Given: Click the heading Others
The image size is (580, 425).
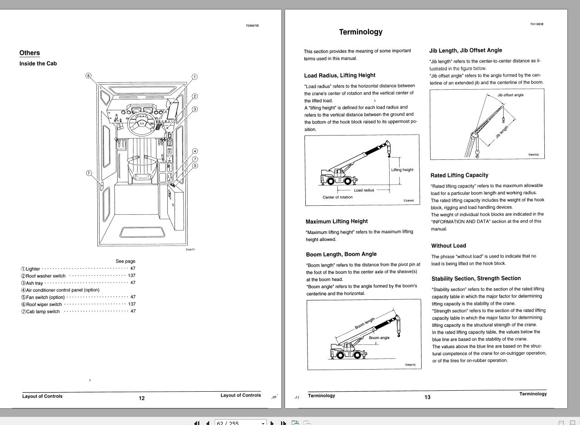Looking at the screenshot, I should (x=30, y=53).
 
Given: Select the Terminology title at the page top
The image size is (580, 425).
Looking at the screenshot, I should (x=360, y=32).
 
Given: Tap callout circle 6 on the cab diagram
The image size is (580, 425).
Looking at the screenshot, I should (x=88, y=76).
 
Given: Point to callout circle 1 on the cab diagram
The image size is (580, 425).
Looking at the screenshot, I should (x=194, y=77).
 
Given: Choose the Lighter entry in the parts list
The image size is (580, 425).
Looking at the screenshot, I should (x=33, y=269).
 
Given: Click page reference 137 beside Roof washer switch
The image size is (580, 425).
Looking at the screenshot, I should (x=132, y=276).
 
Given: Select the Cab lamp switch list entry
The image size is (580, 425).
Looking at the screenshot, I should (x=43, y=312).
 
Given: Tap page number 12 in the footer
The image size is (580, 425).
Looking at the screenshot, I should (x=142, y=398).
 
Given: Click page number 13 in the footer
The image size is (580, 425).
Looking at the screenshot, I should (x=427, y=397).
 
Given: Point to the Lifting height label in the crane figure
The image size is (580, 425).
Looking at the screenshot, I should (x=402, y=170).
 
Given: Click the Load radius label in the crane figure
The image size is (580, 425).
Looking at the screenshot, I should (x=364, y=190).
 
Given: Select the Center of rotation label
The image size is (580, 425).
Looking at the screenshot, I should (x=338, y=197).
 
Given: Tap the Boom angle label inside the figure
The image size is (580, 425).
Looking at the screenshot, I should (x=379, y=338).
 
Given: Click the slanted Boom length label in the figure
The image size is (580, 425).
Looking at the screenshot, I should (x=365, y=323).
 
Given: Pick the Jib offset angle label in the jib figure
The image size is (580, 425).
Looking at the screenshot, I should (x=511, y=95).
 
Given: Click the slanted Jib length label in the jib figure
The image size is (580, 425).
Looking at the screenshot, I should (x=502, y=132).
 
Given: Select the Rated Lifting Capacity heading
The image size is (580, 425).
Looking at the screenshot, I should (x=459, y=175).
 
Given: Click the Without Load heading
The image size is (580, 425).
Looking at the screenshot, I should (x=448, y=246).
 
